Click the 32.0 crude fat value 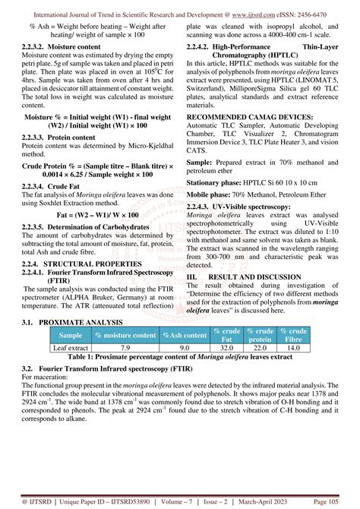(x=226, y=347)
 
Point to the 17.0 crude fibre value (x=293, y=347)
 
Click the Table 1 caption (x=180, y=356)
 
